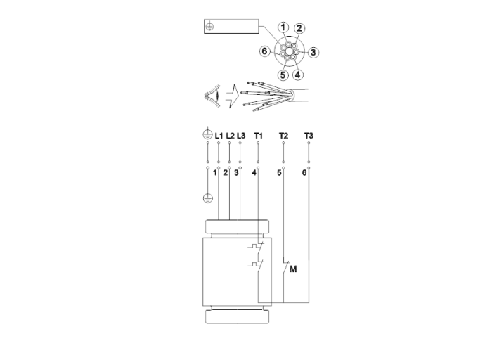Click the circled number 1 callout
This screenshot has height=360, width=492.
[283, 27]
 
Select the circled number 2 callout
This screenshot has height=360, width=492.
[299, 28]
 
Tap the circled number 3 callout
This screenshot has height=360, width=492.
[313, 53]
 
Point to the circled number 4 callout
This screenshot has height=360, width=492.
[297, 75]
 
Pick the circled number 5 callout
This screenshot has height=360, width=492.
[283, 75]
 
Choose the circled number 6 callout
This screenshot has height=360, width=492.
[264, 51]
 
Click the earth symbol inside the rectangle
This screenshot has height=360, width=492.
[209, 26]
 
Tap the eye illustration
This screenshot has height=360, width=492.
[212, 95]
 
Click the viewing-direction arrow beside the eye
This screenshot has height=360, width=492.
[232, 96]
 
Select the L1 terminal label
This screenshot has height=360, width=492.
[219, 136]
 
